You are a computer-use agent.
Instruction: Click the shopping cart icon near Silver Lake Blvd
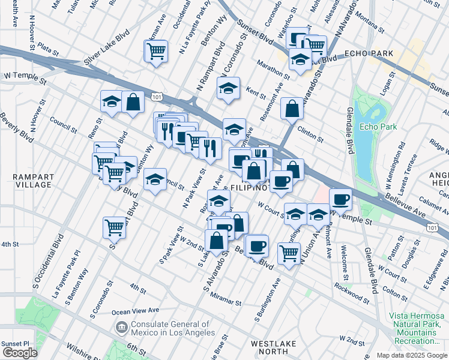tap(156, 52)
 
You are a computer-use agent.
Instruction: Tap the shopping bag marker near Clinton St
tap(292, 109)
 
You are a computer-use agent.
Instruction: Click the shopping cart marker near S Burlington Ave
tap(289, 253)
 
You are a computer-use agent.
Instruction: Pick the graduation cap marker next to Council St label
tap(155, 180)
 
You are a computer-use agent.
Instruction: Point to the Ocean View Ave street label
tap(136, 311)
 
